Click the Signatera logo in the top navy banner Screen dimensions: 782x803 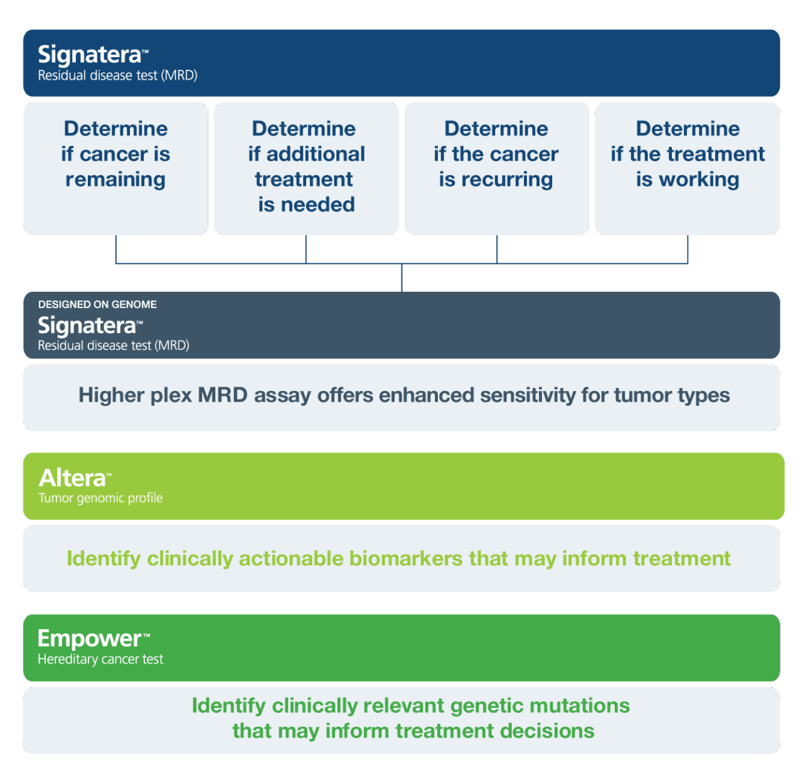click(x=90, y=55)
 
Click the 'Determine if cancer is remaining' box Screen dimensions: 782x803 click(x=115, y=168)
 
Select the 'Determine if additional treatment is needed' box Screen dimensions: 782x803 click(x=306, y=168)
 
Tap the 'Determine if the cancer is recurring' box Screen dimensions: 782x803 click(x=496, y=168)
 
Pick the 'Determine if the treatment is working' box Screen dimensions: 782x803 click(x=688, y=168)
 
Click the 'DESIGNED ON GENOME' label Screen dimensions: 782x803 click(x=97, y=304)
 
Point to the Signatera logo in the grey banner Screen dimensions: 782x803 click(x=87, y=326)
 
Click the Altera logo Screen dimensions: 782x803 click(x=73, y=478)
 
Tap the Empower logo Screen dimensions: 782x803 click(x=90, y=638)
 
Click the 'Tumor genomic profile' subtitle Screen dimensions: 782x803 click(x=100, y=498)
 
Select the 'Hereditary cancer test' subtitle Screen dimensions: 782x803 click(x=100, y=660)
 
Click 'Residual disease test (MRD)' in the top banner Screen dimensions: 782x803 click(x=117, y=76)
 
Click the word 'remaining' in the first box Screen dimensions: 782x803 click(x=115, y=179)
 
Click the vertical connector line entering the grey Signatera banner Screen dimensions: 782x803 click(x=401, y=278)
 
